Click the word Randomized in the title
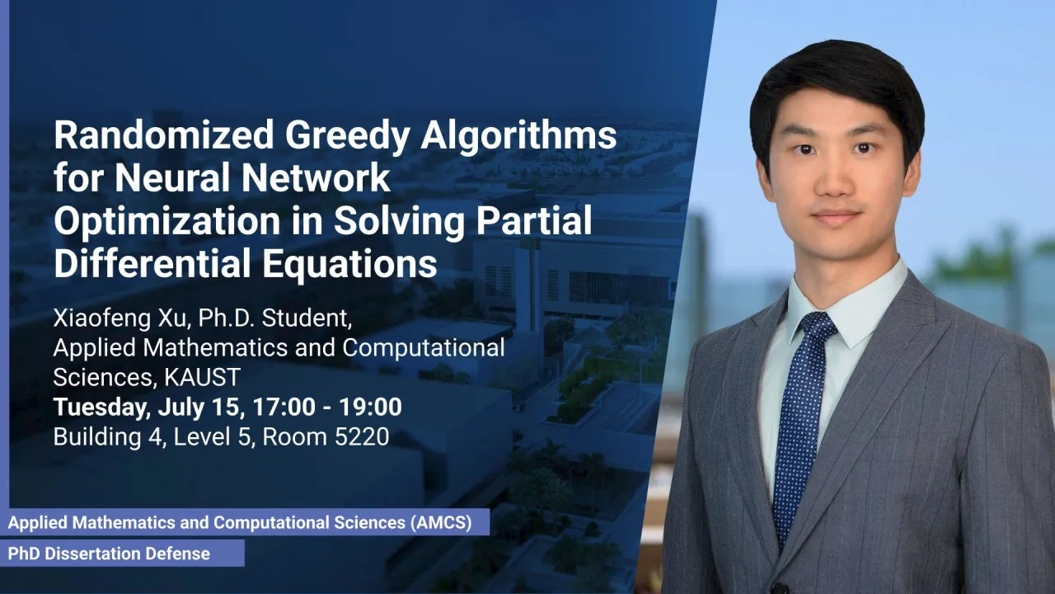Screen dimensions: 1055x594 [x=164, y=134]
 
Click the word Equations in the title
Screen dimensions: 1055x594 [x=350, y=266]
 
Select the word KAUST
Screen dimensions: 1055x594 [x=202, y=377]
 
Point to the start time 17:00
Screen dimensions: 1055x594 [x=284, y=407]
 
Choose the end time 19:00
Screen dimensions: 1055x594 [x=371, y=407]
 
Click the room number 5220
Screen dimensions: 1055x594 [x=362, y=437]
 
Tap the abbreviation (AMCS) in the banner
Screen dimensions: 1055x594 [x=440, y=522]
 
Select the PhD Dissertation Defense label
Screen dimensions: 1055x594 [x=109, y=554]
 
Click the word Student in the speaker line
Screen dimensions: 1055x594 [x=307, y=318]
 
